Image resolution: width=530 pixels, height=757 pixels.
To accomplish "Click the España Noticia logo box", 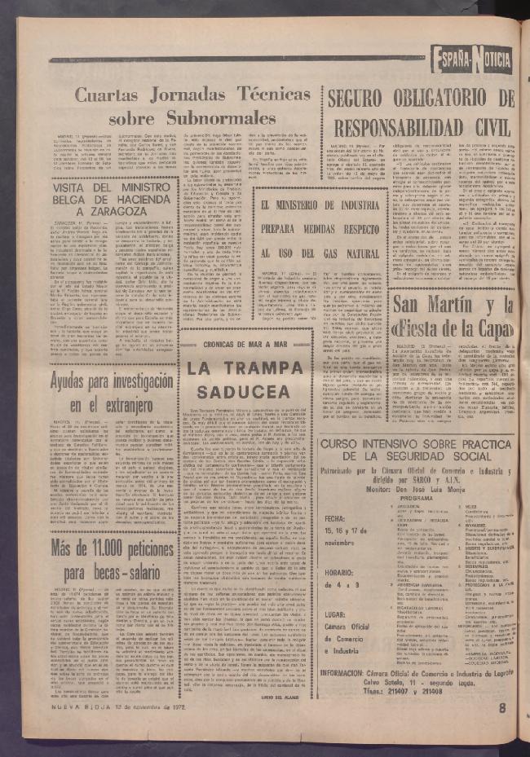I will click(x=472, y=59).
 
